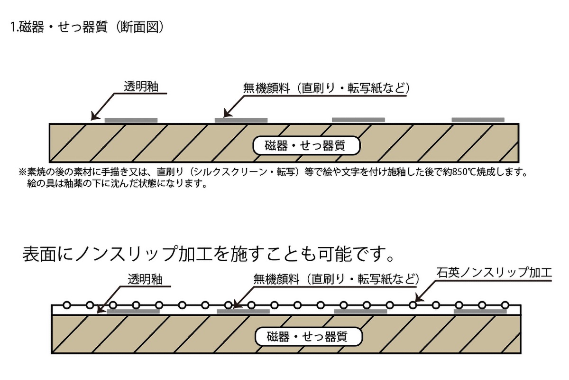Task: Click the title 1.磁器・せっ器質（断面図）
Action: (x=87, y=28)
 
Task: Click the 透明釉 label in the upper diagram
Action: (x=140, y=87)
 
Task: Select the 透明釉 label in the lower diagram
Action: (x=145, y=279)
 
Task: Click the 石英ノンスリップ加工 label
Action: (x=495, y=273)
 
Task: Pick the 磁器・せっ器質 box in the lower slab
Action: (x=308, y=337)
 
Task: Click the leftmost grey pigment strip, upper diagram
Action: (x=131, y=120)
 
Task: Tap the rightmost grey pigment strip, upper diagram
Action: (x=477, y=120)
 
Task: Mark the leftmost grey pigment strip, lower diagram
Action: (x=133, y=312)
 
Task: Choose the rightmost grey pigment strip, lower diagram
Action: (x=480, y=312)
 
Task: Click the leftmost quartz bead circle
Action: (x=67, y=305)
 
